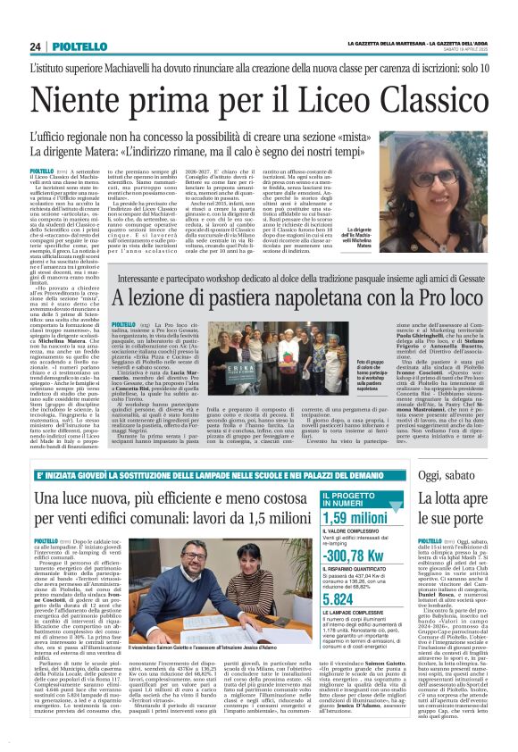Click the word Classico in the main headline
pos(420,92)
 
